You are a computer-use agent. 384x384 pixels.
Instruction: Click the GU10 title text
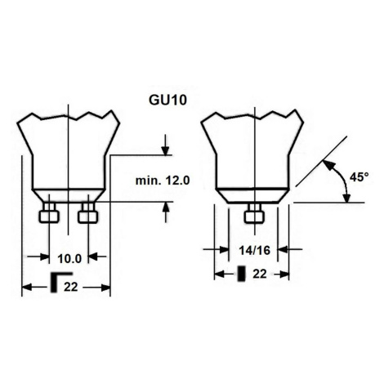(x=167, y=100)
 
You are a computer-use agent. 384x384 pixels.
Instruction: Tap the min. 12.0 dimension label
(x=163, y=181)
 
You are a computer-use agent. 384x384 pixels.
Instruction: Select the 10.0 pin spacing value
(x=69, y=258)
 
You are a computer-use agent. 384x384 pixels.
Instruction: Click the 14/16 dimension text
(x=254, y=250)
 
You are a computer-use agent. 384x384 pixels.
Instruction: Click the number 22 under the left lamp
(x=71, y=287)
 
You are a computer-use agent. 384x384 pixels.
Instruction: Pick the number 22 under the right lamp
(x=260, y=274)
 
